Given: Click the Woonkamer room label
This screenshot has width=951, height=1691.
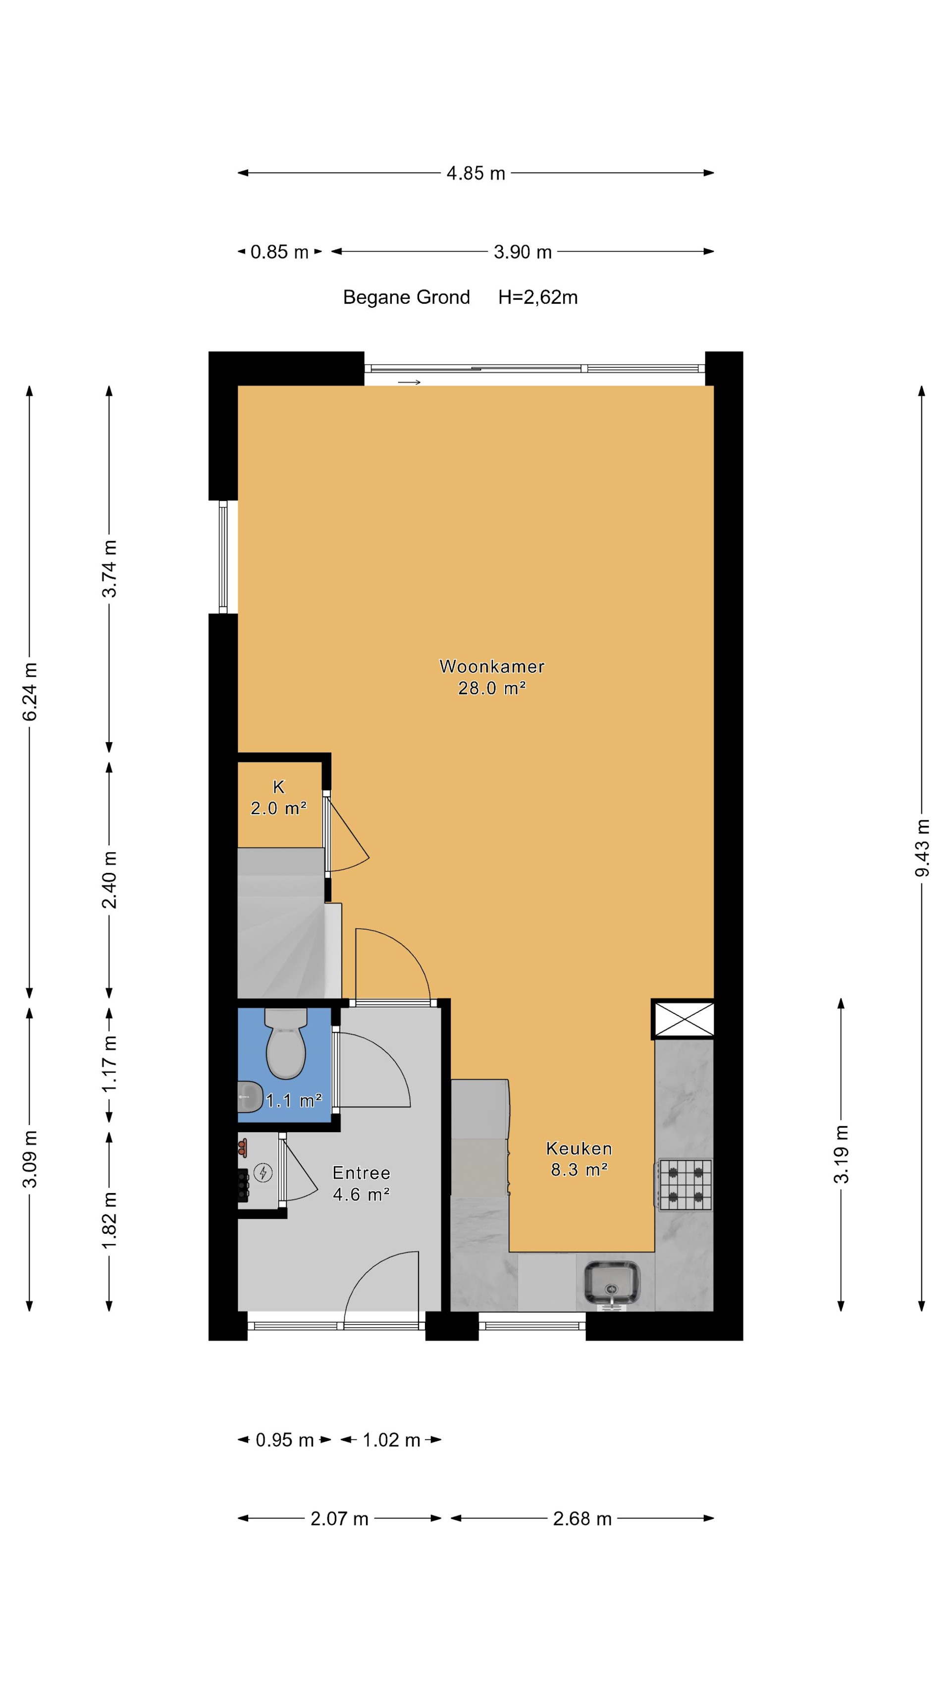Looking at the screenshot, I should point(491,667).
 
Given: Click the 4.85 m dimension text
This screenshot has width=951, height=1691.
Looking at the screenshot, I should point(476,173).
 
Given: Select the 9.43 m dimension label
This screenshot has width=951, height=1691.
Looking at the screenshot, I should point(922,847).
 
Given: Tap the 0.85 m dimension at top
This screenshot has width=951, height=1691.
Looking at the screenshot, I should point(279,252).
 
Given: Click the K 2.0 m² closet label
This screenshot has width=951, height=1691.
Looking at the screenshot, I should point(279,798).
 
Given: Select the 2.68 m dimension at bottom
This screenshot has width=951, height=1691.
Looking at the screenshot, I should point(582,1519).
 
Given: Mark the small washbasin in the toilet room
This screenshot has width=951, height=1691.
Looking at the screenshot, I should point(248,1096).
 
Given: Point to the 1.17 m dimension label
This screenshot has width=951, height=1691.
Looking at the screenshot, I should point(109,1063).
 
